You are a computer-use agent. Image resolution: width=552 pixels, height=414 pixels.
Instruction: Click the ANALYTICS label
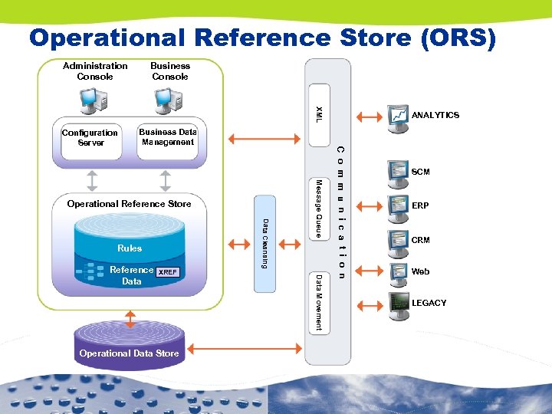[x=435, y=115]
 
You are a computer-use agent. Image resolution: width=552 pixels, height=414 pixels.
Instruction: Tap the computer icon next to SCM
[x=398, y=171]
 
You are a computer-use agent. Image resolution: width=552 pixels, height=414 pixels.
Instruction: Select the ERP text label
[x=420, y=206]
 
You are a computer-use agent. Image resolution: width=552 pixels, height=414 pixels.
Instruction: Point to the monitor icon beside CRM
[x=398, y=240]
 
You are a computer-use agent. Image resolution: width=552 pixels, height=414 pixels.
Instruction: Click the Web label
[x=420, y=272]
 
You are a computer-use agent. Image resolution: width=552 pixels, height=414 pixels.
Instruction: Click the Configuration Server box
[x=90, y=138]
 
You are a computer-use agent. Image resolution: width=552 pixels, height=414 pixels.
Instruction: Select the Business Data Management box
[x=168, y=137]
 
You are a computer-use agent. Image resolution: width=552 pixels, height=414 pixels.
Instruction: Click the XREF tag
[x=168, y=272]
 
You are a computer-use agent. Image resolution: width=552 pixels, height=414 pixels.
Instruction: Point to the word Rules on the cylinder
[x=130, y=248]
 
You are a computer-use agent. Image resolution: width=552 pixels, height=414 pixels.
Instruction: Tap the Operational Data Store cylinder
[x=129, y=349]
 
